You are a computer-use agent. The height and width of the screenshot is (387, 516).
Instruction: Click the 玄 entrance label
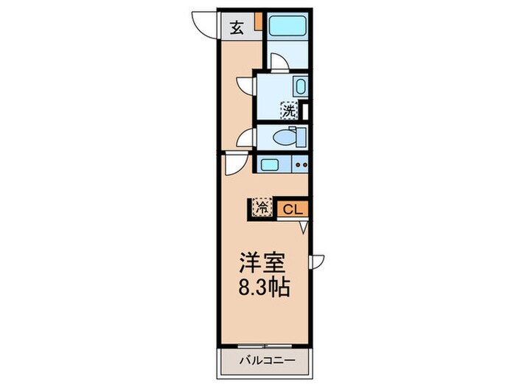pyautogui.click(x=237, y=29)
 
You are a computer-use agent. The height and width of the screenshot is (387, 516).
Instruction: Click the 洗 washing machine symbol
pyautogui.click(x=290, y=111)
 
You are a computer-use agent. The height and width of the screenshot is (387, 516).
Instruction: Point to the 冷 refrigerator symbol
pyautogui.click(x=262, y=209)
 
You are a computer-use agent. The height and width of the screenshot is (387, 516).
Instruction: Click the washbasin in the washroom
pyautogui.click(x=300, y=86)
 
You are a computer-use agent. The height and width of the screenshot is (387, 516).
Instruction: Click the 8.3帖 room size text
pyautogui.click(x=262, y=287)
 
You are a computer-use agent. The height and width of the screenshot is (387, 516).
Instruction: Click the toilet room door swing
pyautogui.click(x=245, y=137)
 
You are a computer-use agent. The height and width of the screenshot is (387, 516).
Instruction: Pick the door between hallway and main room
pyautogui.click(x=231, y=164)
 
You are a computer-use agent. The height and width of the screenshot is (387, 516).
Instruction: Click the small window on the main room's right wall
pyautogui.click(x=316, y=260)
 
